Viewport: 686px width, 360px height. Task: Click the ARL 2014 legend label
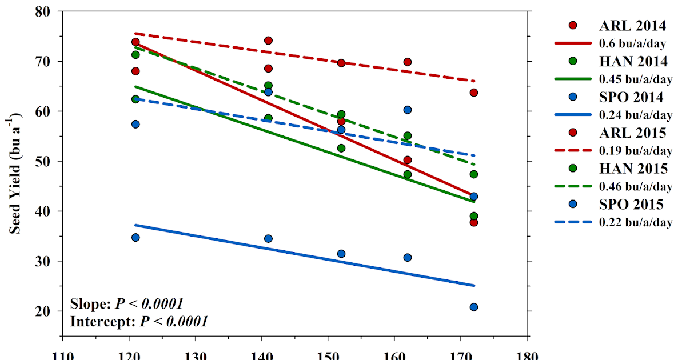(632, 26)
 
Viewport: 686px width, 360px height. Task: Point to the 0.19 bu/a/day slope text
(635, 151)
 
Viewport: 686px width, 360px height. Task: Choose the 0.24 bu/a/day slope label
(635, 115)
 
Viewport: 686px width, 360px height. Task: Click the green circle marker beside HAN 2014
(573, 61)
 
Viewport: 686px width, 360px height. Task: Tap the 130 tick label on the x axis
(196, 354)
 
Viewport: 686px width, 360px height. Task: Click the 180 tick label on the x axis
(527, 354)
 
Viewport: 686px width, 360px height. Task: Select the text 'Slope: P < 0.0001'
(126, 303)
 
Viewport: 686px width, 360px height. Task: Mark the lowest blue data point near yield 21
(473, 307)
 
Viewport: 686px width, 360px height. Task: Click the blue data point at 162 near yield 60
(408, 110)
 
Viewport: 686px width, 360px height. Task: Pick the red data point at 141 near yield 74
(268, 41)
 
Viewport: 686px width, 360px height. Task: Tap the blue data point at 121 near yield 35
(135, 237)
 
